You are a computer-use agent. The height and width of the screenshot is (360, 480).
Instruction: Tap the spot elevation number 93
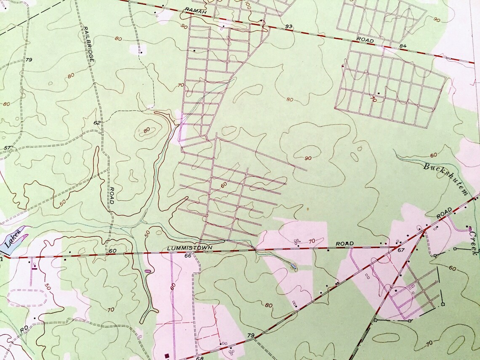click(288, 27)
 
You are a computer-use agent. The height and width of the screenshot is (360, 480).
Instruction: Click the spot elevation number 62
click(97, 123)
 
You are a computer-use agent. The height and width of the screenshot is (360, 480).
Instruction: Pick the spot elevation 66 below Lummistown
click(188, 255)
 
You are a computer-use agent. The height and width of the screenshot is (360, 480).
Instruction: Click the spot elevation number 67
click(400, 251)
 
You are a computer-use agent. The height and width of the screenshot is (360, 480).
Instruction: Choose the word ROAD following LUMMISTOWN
click(344, 244)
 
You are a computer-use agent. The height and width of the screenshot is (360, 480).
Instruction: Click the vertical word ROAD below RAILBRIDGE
click(110, 195)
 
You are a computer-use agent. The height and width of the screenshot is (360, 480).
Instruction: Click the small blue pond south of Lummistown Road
click(293, 267)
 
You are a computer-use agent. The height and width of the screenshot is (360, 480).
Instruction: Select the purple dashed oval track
click(26, 298)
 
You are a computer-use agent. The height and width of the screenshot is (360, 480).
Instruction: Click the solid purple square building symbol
click(168, 356)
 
